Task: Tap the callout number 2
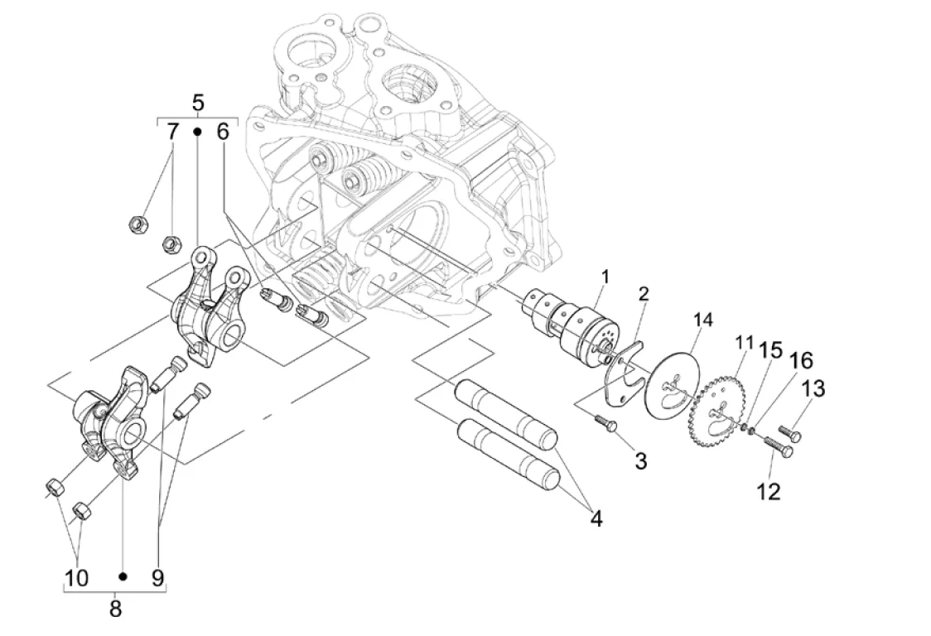point(644,294)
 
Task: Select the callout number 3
point(641,460)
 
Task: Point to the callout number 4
point(596,519)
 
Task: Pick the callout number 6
point(223,131)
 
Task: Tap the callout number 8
point(115,609)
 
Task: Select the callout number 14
point(703,319)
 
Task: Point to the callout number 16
point(800,360)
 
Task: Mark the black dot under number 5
point(198,131)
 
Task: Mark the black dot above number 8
point(123,576)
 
